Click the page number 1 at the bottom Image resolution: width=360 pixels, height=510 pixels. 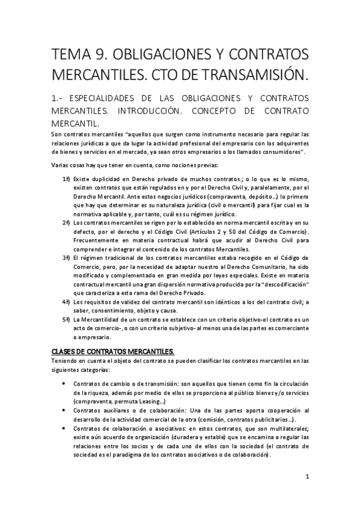[x=307, y=478]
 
